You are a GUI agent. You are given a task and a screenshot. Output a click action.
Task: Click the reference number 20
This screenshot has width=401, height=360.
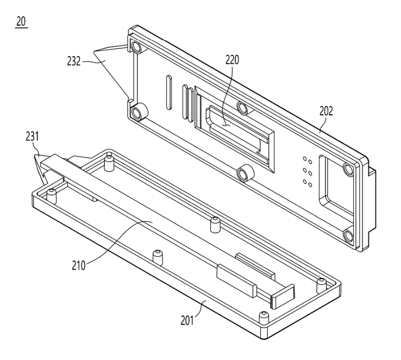click(x=22, y=25)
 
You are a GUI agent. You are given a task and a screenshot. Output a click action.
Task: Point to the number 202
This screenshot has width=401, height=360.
click(x=327, y=111)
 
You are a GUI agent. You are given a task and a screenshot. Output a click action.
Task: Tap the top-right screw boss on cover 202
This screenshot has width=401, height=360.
click(x=348, y=170)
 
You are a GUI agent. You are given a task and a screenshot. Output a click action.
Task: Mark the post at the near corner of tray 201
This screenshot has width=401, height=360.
click(x=265, y=316)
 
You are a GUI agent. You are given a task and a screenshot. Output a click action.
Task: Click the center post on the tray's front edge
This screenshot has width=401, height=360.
click(x=157, y=255)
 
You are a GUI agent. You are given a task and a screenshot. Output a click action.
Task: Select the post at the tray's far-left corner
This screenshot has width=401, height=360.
click(x=52, y=194)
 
